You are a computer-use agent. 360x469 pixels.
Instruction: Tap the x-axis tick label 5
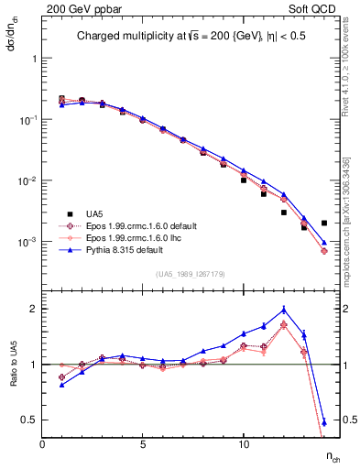143,443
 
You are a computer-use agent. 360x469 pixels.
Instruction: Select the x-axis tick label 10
244,443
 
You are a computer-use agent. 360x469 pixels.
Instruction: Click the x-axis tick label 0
42,443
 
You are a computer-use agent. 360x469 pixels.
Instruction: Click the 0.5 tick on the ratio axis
31,420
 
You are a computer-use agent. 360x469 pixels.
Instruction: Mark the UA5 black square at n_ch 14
324,223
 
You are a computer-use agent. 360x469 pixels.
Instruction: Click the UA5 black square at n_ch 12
284,212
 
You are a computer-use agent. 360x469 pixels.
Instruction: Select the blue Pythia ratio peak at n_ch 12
284,310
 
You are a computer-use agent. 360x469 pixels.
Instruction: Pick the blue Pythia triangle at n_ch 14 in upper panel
324,243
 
